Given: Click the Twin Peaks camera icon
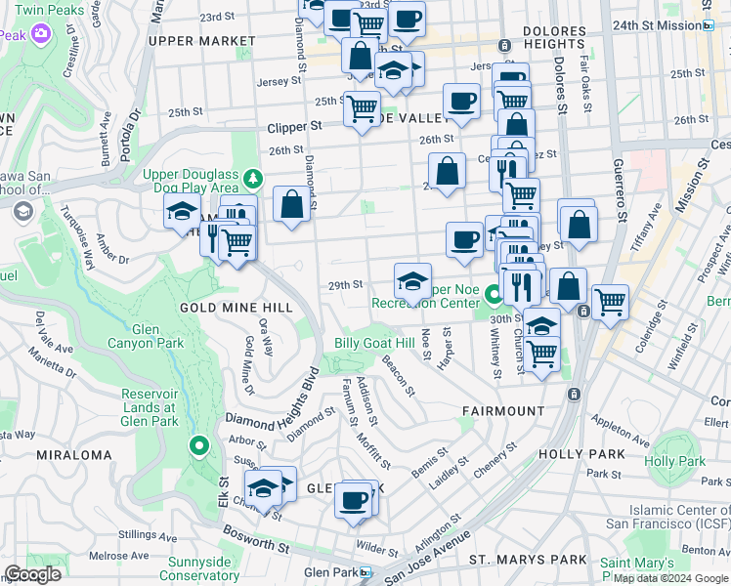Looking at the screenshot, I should coord(40,34).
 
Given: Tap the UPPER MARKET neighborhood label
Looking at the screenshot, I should coord(201,41).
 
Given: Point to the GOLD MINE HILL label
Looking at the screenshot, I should coord(236,307).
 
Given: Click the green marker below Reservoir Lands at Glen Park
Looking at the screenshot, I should coord(199,447).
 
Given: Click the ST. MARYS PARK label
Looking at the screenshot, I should coord(528,560).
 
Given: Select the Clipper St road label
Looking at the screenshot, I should coord(294,127).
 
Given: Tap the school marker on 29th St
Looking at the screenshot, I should coord(412,281).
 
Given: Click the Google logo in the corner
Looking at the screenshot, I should coord(31,574).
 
